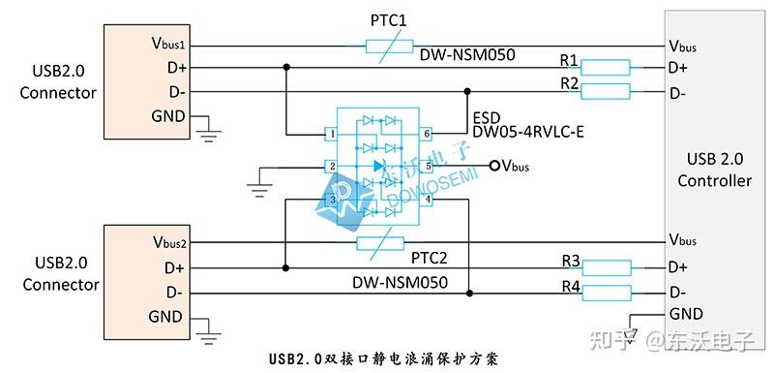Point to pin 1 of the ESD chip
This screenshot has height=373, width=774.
[332, 134]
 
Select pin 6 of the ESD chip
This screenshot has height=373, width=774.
[427, 134]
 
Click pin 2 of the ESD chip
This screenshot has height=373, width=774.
[332, 167]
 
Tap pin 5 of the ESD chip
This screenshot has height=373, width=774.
[427, 167]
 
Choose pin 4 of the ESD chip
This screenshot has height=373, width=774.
[427, 200]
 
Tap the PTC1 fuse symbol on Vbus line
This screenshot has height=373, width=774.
[392, 45]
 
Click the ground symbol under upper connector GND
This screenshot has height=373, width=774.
[207, 133]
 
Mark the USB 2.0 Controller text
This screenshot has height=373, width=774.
[714, 171]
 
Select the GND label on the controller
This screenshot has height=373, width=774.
[685, 314]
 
